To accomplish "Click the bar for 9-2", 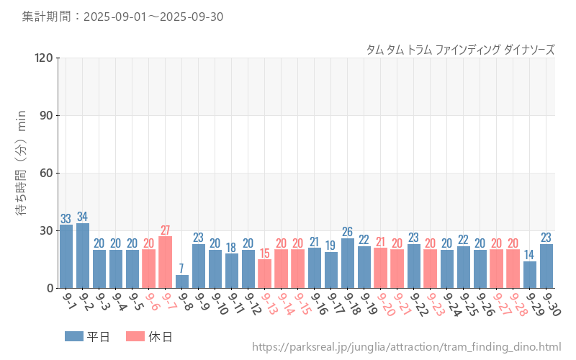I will (x=83, y=256).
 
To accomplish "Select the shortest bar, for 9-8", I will (x=182, y=282).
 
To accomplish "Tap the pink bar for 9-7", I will (x=166, y=262).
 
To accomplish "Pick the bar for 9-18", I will (x=347, y=264).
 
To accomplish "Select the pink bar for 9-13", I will (x=265, y=274).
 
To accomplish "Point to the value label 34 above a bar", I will (x=83, y=217).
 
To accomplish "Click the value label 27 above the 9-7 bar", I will (x=166, y=230).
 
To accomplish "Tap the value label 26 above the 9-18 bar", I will (x=347, y=232).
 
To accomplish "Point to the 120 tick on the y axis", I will (x=44, y=58).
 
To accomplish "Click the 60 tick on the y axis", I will (x=47, y=173).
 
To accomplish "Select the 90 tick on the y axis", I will (x=47, y=115).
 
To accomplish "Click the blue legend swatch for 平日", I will (x=74, y=336).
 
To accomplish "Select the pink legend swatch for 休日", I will (x=135, y=336).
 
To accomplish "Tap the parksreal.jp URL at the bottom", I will (x=406, y=348).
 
